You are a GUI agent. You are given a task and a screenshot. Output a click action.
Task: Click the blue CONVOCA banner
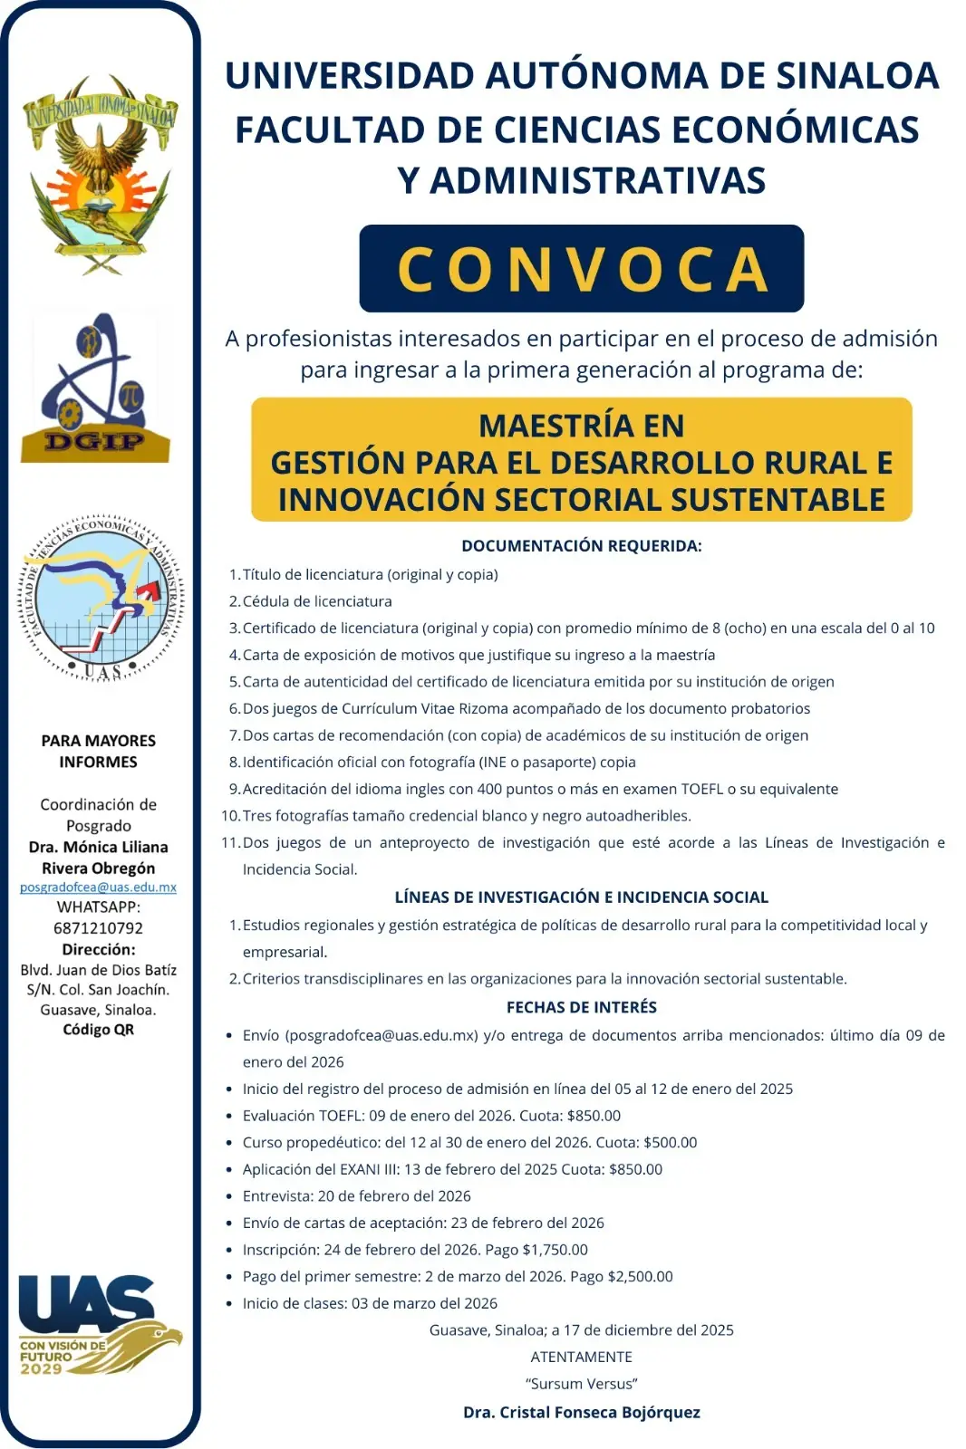click(581, 269)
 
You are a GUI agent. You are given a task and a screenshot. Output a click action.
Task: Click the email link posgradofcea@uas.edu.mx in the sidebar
click(98, 888)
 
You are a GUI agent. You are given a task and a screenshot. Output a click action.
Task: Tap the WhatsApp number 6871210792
click(98, 928)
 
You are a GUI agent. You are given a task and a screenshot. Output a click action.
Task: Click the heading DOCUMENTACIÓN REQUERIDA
click(581, 546)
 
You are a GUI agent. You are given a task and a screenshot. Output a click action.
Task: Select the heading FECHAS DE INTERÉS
click(581, 1007)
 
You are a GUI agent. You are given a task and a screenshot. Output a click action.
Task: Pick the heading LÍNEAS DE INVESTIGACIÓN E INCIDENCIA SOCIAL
click(581, 897)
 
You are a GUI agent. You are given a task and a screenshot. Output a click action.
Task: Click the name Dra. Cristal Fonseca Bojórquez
click(581, 1412)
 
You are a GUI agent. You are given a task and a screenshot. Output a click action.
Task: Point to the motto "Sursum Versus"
click(581, 1384)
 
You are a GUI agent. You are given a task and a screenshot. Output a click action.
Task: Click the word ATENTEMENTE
click(581, 1357)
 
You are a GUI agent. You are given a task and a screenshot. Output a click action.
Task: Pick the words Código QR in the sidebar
click(98, 1030)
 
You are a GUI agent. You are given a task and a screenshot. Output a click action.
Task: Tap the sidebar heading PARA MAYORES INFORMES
click(98, 752)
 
